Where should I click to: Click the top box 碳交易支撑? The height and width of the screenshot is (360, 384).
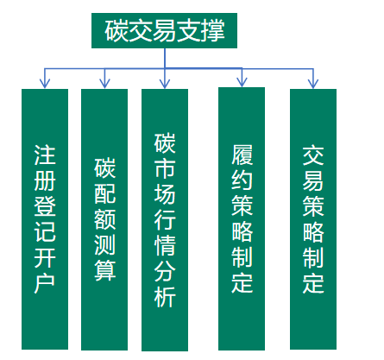tap(164, 30)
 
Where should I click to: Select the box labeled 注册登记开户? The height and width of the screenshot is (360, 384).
tap(45, 219)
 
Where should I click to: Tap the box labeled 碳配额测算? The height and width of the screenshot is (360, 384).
tap(104, 219)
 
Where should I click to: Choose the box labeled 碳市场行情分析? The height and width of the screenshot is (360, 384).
tap(165, 220)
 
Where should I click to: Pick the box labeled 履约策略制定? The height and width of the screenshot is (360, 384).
tap(242, 218)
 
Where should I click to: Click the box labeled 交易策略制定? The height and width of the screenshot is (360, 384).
tap(313, 219)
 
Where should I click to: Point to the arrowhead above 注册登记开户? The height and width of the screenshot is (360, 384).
tap(45, 84)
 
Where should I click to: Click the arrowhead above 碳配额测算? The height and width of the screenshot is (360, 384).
tap(104, 84)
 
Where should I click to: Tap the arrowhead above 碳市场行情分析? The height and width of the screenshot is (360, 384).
tap(165, 84)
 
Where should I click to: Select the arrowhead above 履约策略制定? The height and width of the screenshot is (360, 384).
tap(242, 82)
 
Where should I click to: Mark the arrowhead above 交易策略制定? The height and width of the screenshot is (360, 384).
tap(313, 84)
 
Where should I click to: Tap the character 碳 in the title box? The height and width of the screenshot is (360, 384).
tap(116, 30)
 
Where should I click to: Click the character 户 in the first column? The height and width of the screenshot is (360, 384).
tap(45, 284)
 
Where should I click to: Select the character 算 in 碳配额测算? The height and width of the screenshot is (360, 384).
tap(105, 270)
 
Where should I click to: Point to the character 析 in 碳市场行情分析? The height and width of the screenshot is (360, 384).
tap(165, 297)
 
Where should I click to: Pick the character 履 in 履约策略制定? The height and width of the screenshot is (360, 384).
tap(242, 155)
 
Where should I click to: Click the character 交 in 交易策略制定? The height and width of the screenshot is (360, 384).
tap(313, 155)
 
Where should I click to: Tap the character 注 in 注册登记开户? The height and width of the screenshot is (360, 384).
tap(45, 155)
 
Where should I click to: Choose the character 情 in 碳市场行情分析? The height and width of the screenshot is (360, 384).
tap(165, 246)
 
